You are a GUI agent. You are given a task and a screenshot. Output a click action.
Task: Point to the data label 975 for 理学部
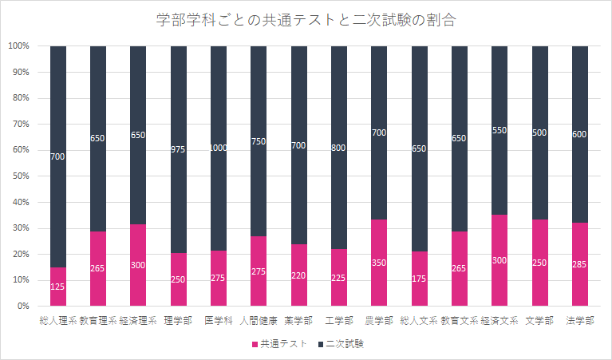click(x=179, y=150)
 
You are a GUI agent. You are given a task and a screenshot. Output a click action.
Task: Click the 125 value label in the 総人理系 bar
click(x=58, y=287)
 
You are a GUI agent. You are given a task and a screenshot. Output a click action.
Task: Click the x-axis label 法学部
click(x=579, y=320)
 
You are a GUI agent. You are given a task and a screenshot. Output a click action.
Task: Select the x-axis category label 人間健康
click(x=259, y=320)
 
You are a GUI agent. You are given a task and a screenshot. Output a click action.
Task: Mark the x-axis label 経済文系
click(x=499, y=320)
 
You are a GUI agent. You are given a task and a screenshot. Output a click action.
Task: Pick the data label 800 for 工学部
click(x=339, y=147)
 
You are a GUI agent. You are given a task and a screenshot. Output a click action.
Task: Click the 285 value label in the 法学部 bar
click(x=579, y=264)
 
